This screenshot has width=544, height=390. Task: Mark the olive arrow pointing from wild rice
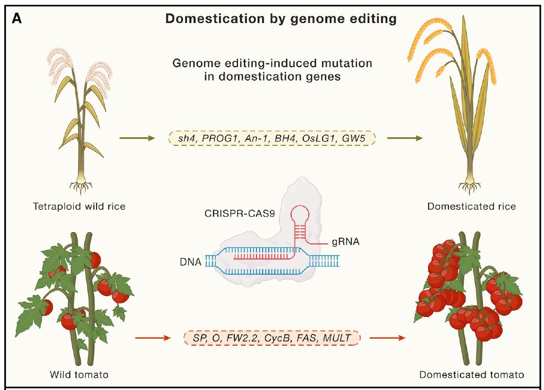pos(137,139)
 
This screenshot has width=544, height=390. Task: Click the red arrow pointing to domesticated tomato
pos(387,338)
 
